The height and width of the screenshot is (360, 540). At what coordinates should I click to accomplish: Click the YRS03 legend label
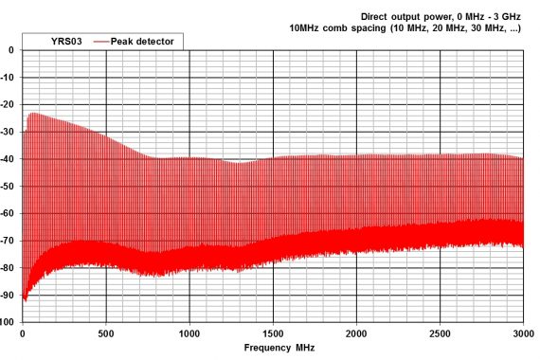[x=64, y=41]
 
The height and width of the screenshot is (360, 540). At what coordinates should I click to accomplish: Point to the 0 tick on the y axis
[x=11, y=50]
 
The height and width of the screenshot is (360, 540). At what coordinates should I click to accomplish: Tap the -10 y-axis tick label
[x=9, y=78]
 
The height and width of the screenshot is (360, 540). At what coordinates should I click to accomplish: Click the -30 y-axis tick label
[x=9, y=132]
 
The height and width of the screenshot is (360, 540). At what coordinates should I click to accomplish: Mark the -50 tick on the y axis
[x=9, y=187]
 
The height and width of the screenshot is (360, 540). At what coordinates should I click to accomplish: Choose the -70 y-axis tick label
[x=9, y=241]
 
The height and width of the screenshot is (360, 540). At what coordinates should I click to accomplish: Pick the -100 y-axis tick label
[x=7, y=322]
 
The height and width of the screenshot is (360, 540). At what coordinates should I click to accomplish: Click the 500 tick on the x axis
[x=105, y=333]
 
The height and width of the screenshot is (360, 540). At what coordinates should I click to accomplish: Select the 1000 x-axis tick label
[x=189, y=333]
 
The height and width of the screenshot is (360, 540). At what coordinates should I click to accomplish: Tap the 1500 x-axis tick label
[x=273, y=333]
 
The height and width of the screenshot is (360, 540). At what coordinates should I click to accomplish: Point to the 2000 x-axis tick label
[x=356, y=333]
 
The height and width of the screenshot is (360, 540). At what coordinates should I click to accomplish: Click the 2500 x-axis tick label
[x=440, y=333]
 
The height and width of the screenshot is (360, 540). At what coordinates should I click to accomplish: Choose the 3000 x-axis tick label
[x=522, y=333]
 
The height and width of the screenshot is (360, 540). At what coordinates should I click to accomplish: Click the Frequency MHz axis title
[x=279, y=348]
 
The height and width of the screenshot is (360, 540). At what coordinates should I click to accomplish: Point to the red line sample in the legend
[x=103, y=41]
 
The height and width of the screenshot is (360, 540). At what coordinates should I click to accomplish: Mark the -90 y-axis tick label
[x=9, y=295]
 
